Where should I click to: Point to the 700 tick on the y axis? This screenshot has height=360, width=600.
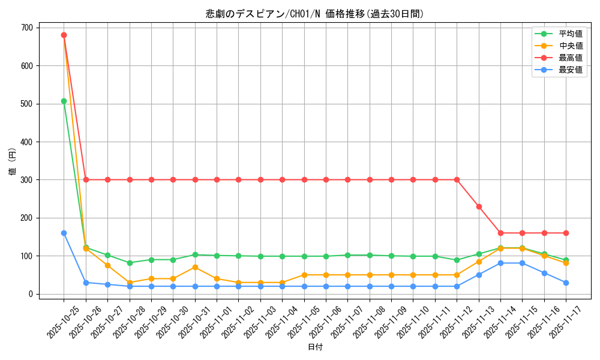pyautogui.click(x=28, y=28)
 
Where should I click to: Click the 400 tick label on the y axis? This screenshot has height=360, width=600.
pyautogui.click(x=28, y=142)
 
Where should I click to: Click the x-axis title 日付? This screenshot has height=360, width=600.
pyautogui.click(x=315, y=347)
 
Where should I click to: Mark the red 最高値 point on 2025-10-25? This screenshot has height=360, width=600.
pyautogui.click(x=64, y=35)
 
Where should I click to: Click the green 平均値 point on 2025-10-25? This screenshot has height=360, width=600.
pyautogui.click(x=64, y=101)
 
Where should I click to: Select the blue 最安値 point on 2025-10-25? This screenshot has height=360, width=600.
pyautogui.click(x=64, y=233)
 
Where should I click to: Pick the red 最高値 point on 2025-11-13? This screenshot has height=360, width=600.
pyautogui.click(x=479, y=206)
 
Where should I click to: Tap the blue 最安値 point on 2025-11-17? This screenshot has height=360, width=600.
pyautogui.click(x=566, y=283)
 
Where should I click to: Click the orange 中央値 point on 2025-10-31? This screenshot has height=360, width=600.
pyautogui.click(x=195, y=267)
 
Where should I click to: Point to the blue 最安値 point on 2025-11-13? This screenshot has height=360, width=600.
pyautogui.click(x=479, y=275)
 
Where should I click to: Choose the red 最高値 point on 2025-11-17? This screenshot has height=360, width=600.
pyautogui.click(x=566, y=233)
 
